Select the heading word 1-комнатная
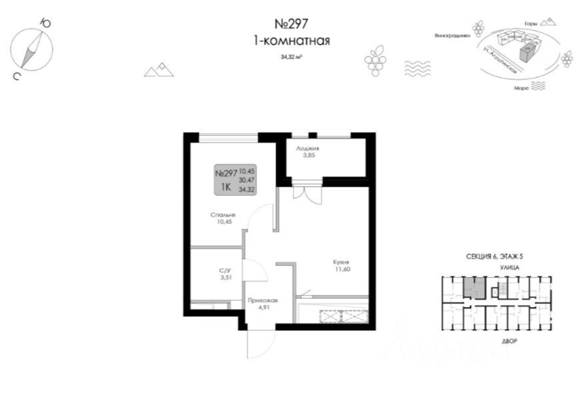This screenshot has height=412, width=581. click(x=291, y=41)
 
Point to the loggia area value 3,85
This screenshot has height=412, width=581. click(x=307, y=156)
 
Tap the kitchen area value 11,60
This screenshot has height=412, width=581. click(x=342, y=269)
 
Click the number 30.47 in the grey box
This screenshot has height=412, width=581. click(x=247, y=180)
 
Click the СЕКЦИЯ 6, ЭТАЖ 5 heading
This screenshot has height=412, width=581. click(x=496, y=257)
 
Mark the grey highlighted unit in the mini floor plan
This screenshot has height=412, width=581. click(x=474, y=287)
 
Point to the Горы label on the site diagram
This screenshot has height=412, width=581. click(x=531, y=22)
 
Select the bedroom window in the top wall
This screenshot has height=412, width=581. click(x=229, y=137)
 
